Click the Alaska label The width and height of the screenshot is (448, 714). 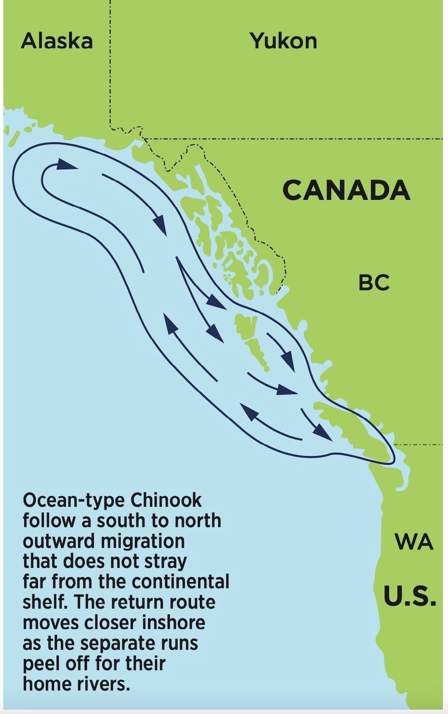(57, 41)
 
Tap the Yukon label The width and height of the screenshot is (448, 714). (284, 41)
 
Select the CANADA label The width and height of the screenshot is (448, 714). (346, 190)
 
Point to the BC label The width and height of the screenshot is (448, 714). (374, 283)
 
